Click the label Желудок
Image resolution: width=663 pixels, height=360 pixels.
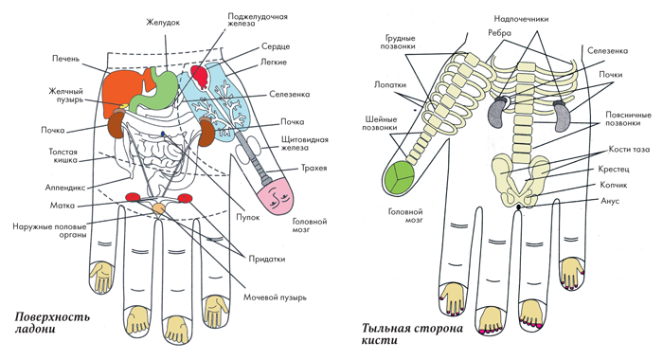click(x=163, y=23)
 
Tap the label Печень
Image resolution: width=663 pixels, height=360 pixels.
click(x=65, y=59)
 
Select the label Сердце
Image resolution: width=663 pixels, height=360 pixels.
click(x=276, y=46)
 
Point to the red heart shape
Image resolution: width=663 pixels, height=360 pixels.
click(x=200, y=75)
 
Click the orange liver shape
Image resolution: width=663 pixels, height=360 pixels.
click(x=122, y=91)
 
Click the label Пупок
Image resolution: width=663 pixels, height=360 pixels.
click(x=248, y=218)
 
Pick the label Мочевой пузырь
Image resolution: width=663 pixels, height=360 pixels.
click(x=275, y=297)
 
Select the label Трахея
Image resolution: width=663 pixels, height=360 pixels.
click(x=314, y=168)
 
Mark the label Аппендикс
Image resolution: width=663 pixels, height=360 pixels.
click(x=65, y=187)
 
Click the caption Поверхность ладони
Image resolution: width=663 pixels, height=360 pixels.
click(x=52, y=322)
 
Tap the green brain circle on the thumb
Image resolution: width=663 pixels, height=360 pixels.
click(x=399, y=177)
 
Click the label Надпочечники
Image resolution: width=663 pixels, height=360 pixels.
click(x=521, y=19)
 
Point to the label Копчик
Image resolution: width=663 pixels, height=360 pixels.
click(x=613, y=185)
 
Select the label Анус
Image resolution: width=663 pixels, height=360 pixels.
click(x=610, y=200)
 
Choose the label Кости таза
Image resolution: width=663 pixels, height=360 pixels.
click(x=629, y=150)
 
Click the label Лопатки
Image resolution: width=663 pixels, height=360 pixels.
click(x=390, y=84)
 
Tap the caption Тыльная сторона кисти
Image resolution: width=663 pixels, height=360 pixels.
click(x=412, y=334)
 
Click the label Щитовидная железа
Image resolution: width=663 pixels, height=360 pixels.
click(x=304, y=143)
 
